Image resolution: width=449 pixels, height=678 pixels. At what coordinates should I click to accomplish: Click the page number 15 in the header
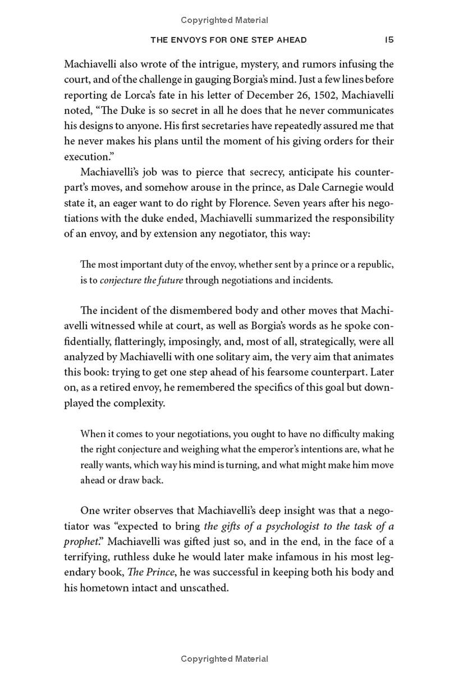coord(389,40)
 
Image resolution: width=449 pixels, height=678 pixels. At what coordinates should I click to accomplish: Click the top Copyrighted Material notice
coord(224,20)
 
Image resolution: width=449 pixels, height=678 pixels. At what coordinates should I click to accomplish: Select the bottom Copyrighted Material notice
coord(224,659)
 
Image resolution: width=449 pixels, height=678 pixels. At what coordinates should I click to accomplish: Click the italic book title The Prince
coord(148,573)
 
